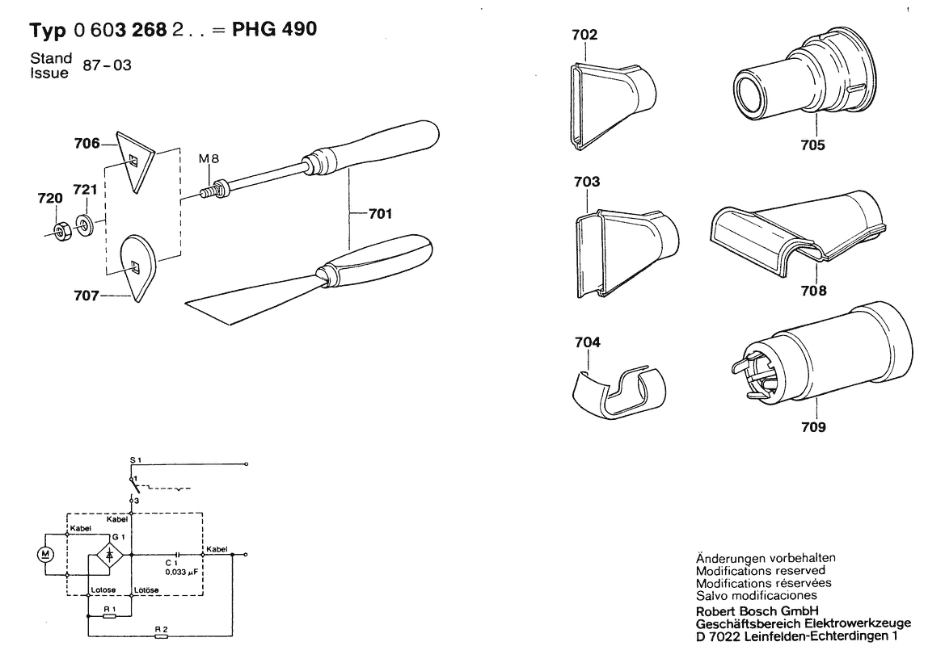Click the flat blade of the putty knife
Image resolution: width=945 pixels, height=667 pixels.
coord(243,303)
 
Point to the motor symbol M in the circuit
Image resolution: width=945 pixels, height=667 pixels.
coord(46,554)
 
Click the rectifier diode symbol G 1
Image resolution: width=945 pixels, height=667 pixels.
coord(109,554)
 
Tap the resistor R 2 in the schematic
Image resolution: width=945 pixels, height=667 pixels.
coord(161,636)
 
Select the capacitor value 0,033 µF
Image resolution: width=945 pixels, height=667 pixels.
coord(180,571)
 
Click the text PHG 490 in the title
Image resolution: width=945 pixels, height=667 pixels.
coord(272,30)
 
